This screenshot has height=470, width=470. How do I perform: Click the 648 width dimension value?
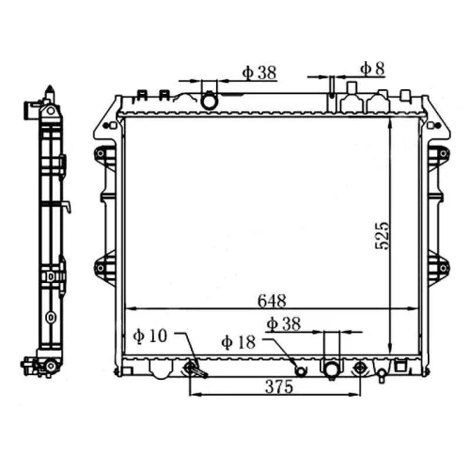[272, 301]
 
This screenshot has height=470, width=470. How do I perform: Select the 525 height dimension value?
[382, 236]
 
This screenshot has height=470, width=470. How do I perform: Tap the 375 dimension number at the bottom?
[279, 386]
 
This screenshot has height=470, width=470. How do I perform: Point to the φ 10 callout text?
[150, 337]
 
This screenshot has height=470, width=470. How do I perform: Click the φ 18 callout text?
[239, 342]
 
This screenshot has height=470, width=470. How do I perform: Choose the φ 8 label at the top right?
[372, 69]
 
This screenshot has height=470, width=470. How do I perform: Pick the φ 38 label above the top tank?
[259, 72]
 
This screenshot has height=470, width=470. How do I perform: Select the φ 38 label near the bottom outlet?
[284, 324]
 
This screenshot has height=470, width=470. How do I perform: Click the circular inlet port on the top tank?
[209, 101]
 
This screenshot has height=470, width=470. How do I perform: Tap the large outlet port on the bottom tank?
[331, 369]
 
